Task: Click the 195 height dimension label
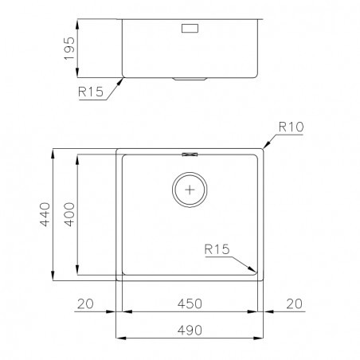coord(69,48)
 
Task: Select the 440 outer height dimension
coord(45,214)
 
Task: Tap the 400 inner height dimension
coord(69,214)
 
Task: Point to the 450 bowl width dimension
coord(190,303)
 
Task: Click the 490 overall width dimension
coord(190,331)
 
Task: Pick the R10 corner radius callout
coord(291,127)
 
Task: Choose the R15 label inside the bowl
coord(217,249)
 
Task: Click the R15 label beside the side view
coord(91,92)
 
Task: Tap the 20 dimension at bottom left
coord(85,303)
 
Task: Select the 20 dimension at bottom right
coord(295,303)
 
